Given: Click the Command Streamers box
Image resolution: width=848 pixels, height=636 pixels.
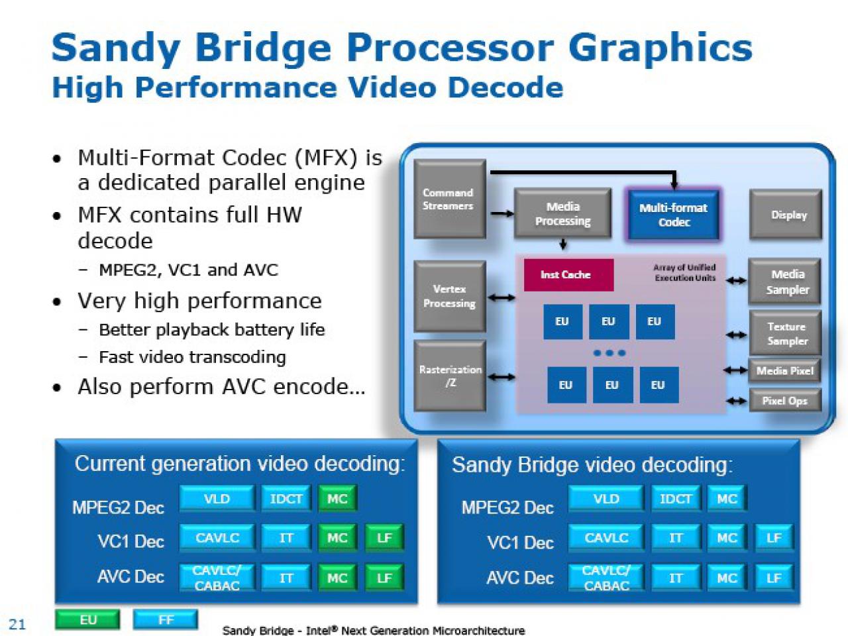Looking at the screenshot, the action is pyautogui.click(x=450, y=199).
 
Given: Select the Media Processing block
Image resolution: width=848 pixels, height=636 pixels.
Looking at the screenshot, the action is pyautogui.click(x=562, y=213).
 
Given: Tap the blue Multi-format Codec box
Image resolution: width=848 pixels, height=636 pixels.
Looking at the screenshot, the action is pyautogui.click(x=673, y=215).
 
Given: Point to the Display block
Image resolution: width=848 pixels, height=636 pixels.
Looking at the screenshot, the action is pyautogui.click(x=786, y=215).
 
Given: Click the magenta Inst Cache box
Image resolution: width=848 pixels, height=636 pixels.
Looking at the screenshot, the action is pyautogui.click(x=568, y=274).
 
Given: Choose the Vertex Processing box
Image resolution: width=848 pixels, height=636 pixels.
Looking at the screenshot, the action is pyautogui.click(x=450, y=296).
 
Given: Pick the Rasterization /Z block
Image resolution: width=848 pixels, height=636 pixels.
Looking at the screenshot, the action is pyautogui.click(x=450, y=376).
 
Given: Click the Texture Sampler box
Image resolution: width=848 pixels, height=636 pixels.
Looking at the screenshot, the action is pyautogui.click(x=785, y=334).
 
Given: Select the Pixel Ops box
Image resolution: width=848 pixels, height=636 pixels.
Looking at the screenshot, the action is pyautogui.click(x=785, y=401).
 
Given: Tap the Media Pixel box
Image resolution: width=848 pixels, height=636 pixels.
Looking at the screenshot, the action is pyautogui.click(x=784, y=371).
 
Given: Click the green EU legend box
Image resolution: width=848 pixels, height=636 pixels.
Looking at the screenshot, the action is pyautogui.click(x=87, y=620).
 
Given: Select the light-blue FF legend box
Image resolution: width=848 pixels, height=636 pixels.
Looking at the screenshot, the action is pyautogui.click(x=166, y=620).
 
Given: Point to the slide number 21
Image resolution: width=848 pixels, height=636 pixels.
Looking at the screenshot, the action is pyautogui.click(x=17, y=624).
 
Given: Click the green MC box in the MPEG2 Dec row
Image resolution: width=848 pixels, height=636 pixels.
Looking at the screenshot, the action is pyautogui.click(x=337, y=499).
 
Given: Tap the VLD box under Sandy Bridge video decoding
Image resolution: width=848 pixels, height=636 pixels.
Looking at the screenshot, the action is pyautogui.click(x=606, y=499).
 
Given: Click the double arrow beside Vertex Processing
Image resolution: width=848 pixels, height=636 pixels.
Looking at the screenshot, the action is pyautogui.click(x=501, y=297).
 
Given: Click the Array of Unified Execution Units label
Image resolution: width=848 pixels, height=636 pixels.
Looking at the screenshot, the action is pyautogui.click(x=685, y=272).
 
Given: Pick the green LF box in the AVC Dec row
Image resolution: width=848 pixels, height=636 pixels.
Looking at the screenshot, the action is pyautogui.click(x=384, y=578).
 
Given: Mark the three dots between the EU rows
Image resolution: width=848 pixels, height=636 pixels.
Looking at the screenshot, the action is pyautogui.click(x=609, y=353).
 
